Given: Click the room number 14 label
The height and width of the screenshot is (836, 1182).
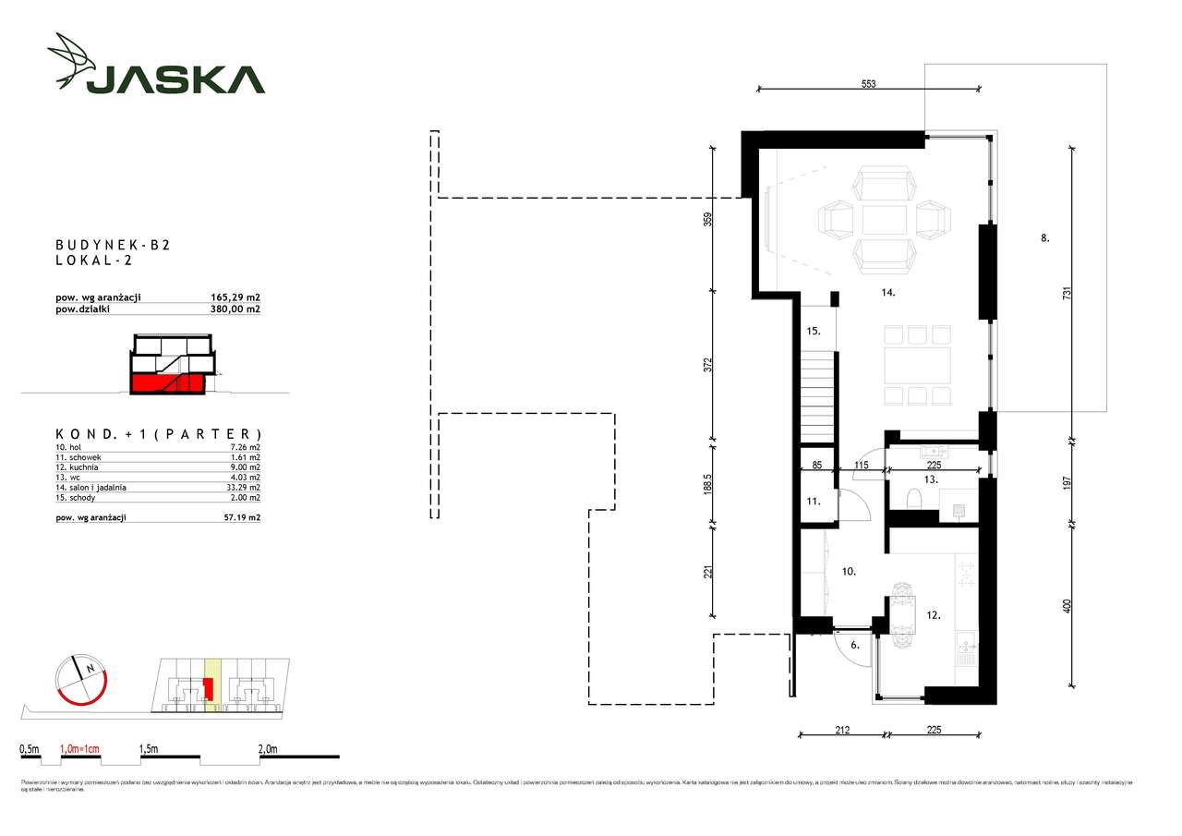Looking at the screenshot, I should tap(887, 294).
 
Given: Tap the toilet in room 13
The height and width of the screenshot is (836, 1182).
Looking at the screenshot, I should tap(912, 500).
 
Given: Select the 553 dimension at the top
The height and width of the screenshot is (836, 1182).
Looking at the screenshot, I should tap(868, 83).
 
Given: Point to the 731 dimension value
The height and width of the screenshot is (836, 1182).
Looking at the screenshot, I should tap(1067, 293).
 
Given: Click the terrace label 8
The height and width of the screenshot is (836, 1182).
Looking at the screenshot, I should tap(1044, 237).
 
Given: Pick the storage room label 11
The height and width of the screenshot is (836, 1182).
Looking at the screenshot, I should tap(812, 501).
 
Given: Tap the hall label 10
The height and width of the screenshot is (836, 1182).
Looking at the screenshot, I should tap(849, 572).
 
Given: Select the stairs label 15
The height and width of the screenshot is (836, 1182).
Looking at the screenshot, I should tap(813, 331).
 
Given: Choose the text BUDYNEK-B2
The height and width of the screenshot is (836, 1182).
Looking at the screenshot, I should tap(114, 245).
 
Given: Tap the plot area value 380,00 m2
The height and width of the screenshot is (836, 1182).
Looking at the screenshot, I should tap(235, 309).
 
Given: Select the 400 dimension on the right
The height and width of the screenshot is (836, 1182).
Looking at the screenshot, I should tap(1067, 606).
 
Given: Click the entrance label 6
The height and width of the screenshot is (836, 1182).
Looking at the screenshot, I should tap(855, 646).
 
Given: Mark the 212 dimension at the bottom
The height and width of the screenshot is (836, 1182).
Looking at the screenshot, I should tap(841, 730).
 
